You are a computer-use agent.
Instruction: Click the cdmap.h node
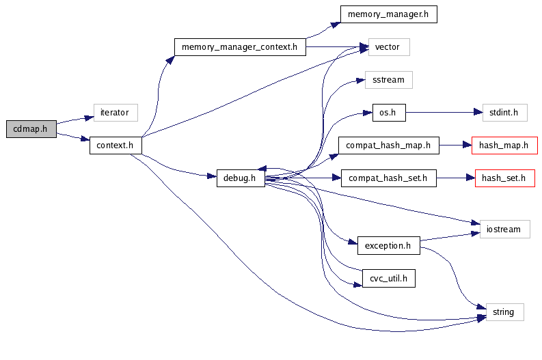30,128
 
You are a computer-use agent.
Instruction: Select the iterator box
116,112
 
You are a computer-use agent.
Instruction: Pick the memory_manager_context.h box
239,47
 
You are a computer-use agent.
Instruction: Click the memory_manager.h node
388,14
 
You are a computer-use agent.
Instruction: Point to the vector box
389,47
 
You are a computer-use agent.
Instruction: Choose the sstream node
388,80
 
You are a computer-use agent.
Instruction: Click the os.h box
388,112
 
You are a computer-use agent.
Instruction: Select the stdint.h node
500,112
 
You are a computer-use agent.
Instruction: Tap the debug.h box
240,178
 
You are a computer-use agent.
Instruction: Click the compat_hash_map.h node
388,145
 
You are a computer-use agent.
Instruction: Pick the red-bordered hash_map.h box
504,145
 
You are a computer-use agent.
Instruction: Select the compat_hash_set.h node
388,178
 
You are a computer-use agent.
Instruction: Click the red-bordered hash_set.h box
504,178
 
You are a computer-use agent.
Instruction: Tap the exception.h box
388,245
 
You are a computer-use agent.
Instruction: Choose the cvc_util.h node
388,278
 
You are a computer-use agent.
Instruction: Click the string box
504,312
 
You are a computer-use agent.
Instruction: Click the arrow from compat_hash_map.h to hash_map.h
455,145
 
